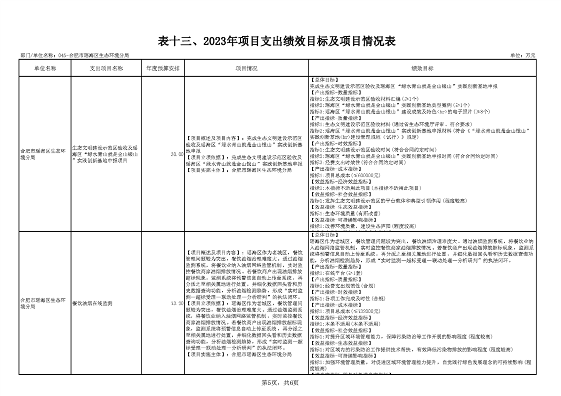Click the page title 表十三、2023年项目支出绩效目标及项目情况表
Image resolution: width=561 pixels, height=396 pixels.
point(276,41)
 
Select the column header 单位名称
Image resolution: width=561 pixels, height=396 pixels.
point(45,68)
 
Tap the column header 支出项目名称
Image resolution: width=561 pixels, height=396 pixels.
point(106,68)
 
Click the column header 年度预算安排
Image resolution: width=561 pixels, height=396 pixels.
point(162,68)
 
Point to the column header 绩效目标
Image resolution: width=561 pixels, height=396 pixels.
point(422,68)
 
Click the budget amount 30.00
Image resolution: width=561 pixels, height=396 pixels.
point(176,155)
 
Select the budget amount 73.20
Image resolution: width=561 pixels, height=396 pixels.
point(176,303)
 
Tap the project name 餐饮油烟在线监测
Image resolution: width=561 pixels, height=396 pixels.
point(92,303)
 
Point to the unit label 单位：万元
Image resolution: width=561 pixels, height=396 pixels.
point(522,55)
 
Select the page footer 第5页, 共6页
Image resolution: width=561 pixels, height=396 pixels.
point(280,383)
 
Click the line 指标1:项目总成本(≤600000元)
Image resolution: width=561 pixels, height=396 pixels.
point(345,175)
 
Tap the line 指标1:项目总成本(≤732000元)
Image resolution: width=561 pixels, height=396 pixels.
point(345,311)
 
